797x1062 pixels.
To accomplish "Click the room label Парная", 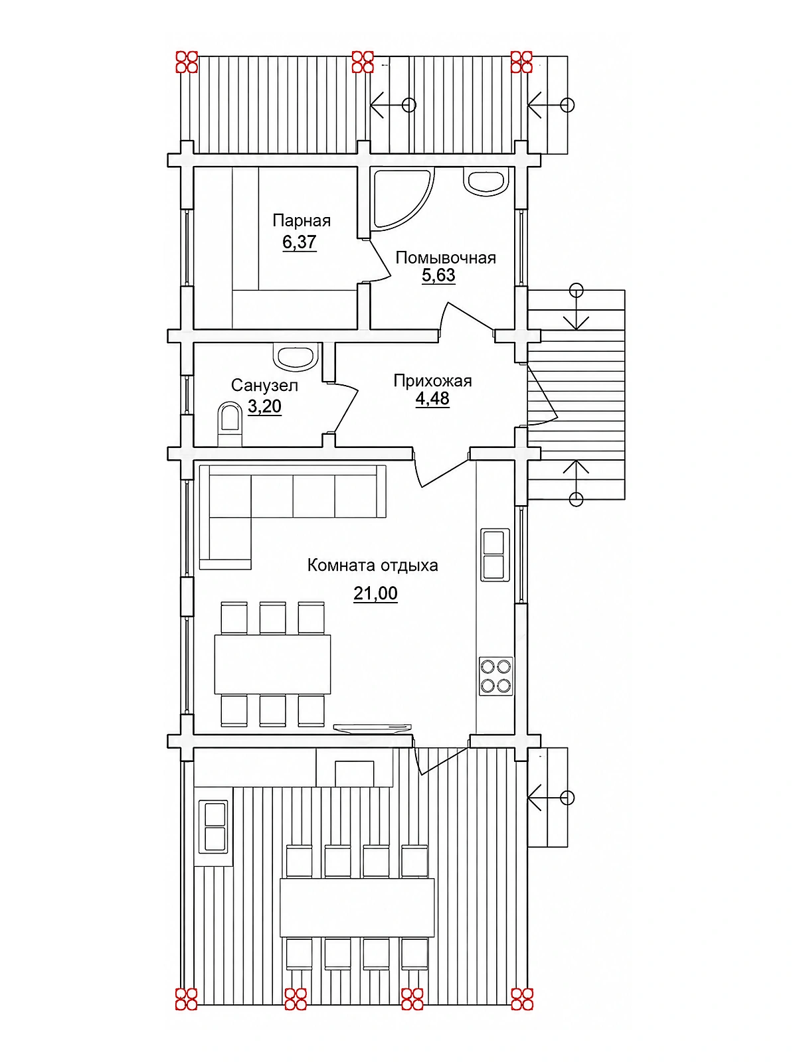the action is [x=302, y=221].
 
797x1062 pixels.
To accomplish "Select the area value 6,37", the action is [x=300, y=242].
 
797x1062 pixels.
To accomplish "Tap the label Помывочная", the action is [x=446, y=258].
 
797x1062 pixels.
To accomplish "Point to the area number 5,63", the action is [x=438, y=275].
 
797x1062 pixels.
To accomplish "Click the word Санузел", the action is [x=264, y=386].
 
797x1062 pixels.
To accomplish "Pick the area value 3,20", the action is [x=264, y=406].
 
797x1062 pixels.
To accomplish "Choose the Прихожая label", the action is [x=432, y=381].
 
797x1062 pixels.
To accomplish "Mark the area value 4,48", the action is [x=432, y=399].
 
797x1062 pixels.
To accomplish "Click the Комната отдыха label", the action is [x=373, y=565].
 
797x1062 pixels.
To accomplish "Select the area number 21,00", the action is [x=375, y=593].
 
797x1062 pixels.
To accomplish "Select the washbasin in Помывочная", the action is [x=487, y=181].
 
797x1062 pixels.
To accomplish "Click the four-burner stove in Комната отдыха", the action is [x=495, y=676].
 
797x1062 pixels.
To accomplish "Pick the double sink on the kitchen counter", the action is [x=495, y=555].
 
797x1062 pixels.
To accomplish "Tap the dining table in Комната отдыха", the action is [x=272, y=664].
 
